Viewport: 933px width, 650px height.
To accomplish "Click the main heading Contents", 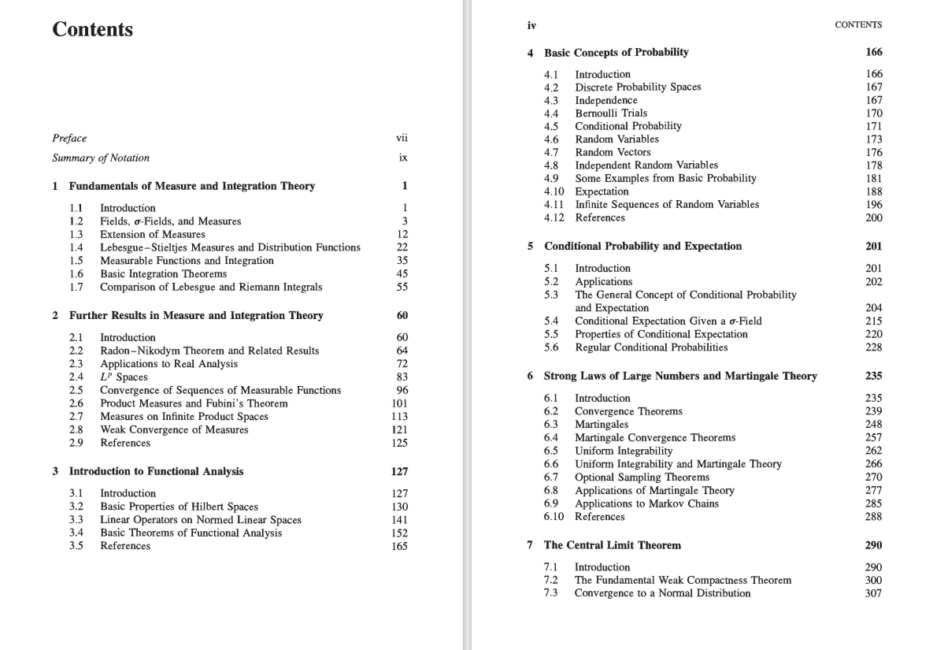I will [92, 30].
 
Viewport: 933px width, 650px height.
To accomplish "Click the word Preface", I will [69, 138].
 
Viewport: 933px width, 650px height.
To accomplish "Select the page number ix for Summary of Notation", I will [403, 158].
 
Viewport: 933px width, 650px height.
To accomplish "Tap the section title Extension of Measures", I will [152, 234].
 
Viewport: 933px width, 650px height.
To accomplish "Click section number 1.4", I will [76, 247].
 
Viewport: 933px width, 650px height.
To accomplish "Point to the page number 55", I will [402, 287].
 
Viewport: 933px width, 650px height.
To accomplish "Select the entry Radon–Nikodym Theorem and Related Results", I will [209, 351].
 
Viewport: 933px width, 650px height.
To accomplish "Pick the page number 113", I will [399, 416].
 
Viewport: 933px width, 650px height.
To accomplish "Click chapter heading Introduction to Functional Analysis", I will [156, 471].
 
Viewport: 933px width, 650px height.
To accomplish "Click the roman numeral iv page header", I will [531, 24].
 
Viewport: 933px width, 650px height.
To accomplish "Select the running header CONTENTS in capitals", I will [858, 24].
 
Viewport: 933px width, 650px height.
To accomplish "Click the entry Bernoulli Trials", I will [611, 113].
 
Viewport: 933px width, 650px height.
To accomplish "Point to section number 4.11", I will [554, 204].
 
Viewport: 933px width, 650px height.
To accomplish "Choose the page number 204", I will [873, 308].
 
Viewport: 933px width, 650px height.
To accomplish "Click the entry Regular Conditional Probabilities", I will [651, 347].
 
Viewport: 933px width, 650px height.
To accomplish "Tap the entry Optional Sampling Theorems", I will [642, 477].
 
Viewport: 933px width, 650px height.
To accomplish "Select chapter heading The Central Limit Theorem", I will [612, 544].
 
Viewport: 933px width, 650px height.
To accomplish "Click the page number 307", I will [873, 593].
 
